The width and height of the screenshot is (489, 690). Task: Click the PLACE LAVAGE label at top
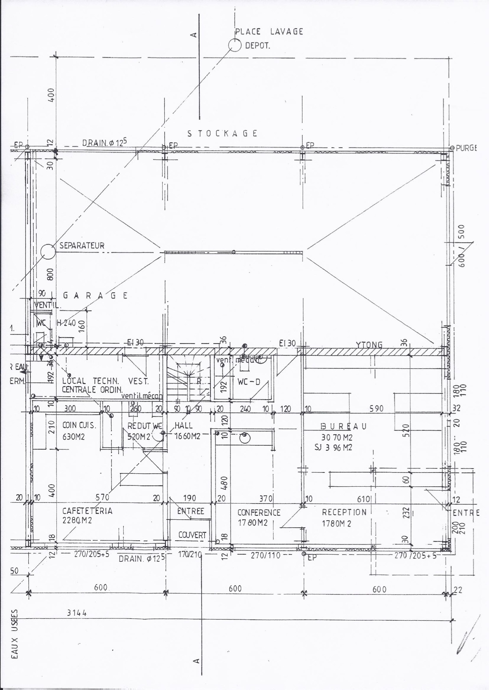click(269, 32)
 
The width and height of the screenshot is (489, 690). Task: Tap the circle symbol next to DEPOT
click(235, 46)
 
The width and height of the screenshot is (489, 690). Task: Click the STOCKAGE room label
click(222, 133)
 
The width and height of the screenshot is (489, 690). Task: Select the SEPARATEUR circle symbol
click(48, 251)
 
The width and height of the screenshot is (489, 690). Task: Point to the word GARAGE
click(95, 295)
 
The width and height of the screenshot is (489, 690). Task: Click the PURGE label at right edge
click(466, 148)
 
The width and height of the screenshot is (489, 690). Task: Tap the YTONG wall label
click(369, 345)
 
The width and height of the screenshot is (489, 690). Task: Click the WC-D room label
click(249, 382)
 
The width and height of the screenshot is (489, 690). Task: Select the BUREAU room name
click(344, 426)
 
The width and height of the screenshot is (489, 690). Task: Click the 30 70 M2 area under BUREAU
click(337, 437)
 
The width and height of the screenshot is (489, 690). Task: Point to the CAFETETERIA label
click(87, 511)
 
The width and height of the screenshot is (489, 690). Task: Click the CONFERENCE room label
click(259, 513)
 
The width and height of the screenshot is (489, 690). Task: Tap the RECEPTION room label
click(344, 512)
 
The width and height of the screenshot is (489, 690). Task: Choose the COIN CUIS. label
click(79, 426)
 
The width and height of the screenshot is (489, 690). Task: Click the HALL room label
click(184, 425)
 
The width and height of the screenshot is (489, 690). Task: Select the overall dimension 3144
click(77, 613)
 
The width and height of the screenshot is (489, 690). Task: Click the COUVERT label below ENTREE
click(192, 535)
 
